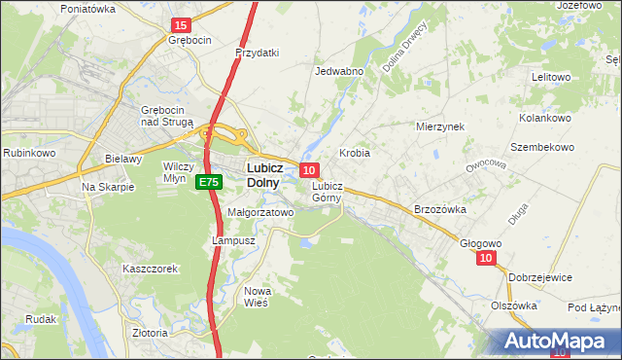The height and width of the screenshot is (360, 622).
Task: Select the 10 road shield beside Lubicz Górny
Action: tap(308, 169)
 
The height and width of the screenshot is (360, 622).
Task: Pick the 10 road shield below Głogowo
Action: tap(487, 258)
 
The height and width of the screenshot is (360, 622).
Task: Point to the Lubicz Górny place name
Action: tap(327, 191)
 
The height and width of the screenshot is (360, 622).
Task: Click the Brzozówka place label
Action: tap(440, 209)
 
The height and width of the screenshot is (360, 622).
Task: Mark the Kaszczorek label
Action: tap(150, 269)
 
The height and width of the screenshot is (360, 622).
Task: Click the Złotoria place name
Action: tap(150, 332)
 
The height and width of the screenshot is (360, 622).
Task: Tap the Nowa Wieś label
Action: tap(258, 297)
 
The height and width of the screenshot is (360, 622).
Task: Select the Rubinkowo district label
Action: tap(28, 153)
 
